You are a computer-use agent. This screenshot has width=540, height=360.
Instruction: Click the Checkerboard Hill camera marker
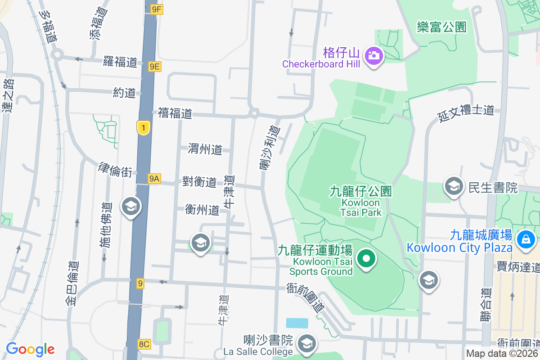point(373,56)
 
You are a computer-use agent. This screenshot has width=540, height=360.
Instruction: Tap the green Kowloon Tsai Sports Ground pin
point(366,258)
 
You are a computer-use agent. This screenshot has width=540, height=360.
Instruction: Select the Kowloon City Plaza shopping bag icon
point(525,238)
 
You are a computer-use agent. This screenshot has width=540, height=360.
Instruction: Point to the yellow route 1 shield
point(143,128)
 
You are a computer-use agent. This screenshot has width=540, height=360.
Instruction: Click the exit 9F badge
point(156,9)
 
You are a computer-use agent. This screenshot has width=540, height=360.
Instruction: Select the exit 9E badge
point(155,67)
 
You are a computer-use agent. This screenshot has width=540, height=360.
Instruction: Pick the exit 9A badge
point(154,179)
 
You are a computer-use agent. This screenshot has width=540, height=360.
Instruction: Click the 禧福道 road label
point(175,113)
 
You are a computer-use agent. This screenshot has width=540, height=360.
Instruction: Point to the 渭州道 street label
point(205,149)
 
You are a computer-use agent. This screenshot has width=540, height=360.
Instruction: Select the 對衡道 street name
point(199,182)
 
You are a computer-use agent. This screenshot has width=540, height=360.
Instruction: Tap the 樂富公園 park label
point(441,27)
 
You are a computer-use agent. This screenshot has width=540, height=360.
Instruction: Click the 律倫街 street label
point(115,170)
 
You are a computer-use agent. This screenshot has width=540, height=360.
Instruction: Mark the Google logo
point(30,349)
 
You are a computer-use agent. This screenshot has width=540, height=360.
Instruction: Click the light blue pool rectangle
point(297,323)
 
